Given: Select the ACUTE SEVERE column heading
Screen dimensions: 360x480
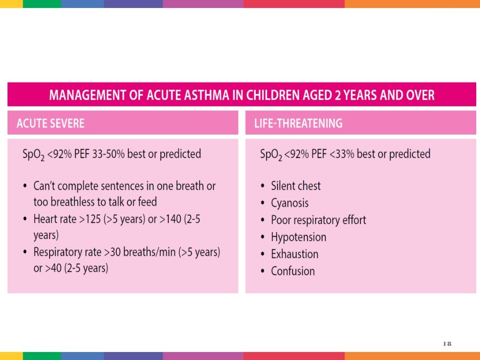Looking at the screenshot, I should click(x=51, y=123).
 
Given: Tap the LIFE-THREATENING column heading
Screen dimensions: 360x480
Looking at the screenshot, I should click(x=298, y=123).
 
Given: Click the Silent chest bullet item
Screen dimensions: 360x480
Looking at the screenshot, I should click(x=296, y=186).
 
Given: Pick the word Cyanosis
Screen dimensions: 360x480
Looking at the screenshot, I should click(x=290, y=203).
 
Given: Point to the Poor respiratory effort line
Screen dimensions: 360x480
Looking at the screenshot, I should click(x=318, y=220).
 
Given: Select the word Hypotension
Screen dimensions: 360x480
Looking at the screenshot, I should click(x=299, y=237).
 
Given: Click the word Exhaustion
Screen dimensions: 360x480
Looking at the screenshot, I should click(x=294, y=254).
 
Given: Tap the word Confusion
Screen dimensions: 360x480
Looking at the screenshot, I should click(x=293, y=271).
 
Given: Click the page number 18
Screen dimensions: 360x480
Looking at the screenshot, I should click(x=447, y=344).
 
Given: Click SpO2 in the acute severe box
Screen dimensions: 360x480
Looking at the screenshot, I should click(x=35, y=155).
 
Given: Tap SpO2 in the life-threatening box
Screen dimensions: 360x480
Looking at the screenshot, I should click(x=272, y=155).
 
